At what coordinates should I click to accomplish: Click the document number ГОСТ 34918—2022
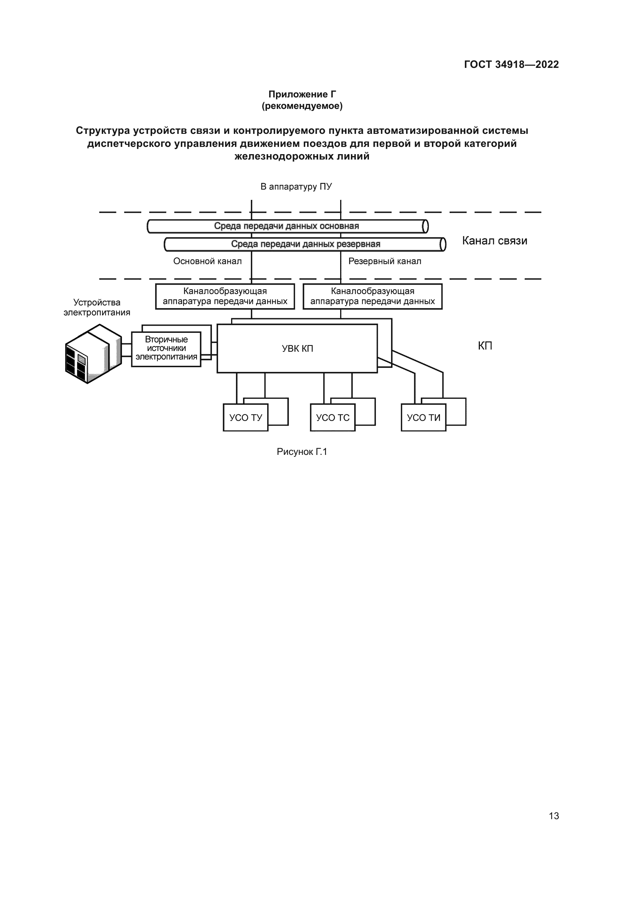pos(511,64)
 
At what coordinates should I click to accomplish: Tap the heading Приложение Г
pos(302,94)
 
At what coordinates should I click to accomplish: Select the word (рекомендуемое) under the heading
pos(302,106)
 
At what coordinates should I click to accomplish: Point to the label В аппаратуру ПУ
pos(296,187)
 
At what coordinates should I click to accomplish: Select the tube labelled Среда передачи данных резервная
pos(305,244)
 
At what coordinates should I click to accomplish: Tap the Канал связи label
pos(494,241)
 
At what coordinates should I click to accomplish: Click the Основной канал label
pos(207,261)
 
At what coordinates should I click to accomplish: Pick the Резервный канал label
pos(385,261)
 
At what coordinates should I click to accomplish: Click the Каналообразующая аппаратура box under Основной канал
pos(225,296)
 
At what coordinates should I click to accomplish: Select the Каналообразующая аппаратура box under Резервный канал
pos(372,296)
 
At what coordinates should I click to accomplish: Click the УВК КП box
pos(297,349)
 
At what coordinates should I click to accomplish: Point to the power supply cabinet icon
pos(93,354)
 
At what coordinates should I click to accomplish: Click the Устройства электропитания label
pos(97,308)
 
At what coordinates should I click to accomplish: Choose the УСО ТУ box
pos(246,418)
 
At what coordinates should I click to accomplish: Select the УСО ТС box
pos(333,418)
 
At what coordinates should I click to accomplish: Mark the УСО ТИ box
pos(423,418)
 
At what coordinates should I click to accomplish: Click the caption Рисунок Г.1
pos(301,452)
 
